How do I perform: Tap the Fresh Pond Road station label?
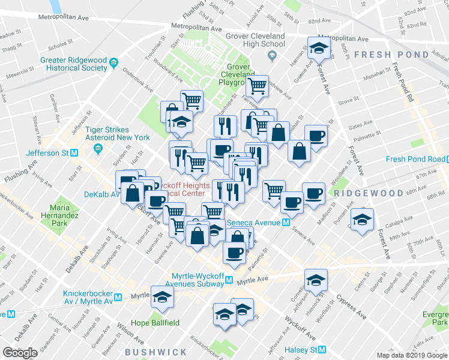coord(414,159)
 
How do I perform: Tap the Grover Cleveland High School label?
coord(256,40)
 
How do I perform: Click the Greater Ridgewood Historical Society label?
coord(74,64)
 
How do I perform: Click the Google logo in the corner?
coord(20,352)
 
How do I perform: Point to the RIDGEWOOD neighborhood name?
coord(368,193)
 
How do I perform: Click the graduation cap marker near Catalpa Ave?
coord(363,220)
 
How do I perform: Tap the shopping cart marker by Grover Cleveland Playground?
coord(257,86)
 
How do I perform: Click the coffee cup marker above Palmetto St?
coord(234,251)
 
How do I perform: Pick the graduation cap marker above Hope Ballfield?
coord(162,297)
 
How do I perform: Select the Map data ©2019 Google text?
coord(411,355)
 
